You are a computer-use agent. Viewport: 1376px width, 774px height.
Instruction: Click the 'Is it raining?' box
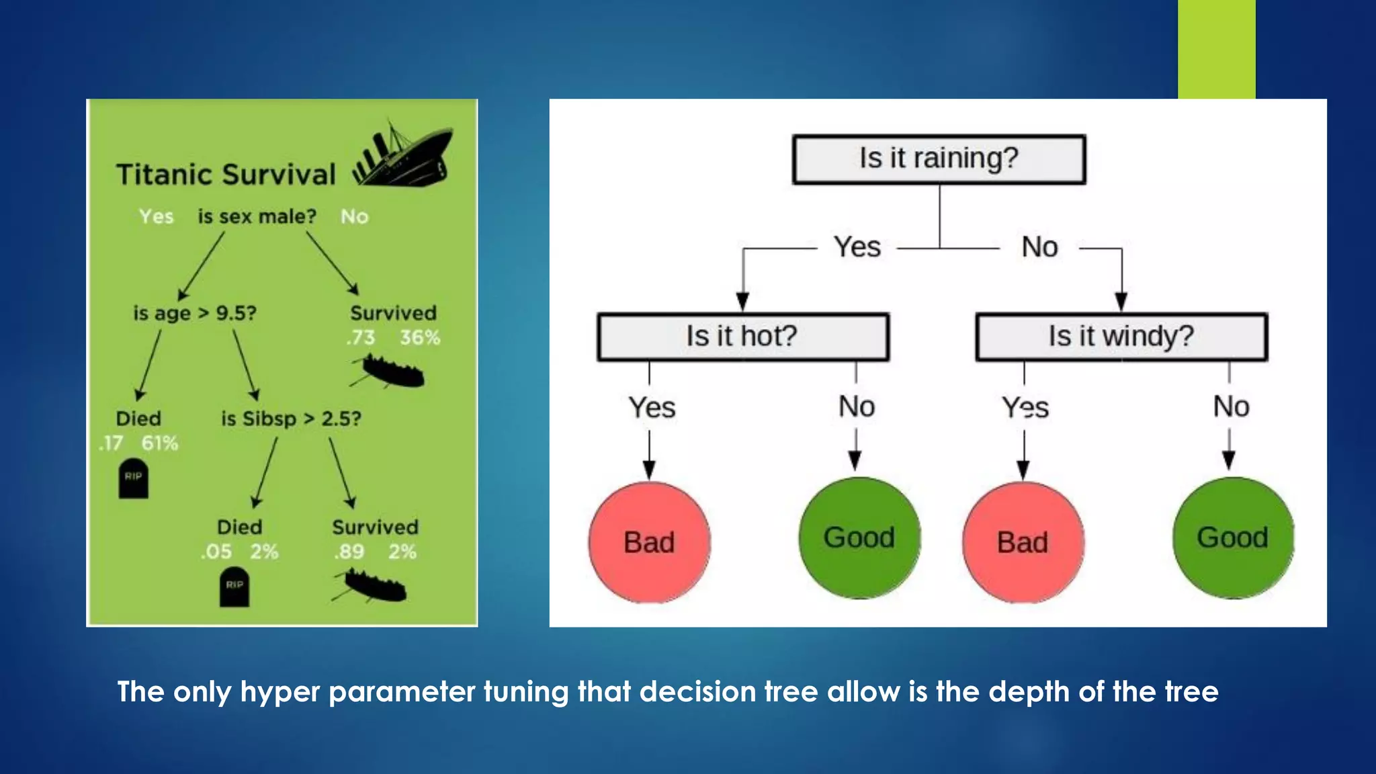(939, 160)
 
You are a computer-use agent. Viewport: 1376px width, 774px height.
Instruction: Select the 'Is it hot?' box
(742, 337)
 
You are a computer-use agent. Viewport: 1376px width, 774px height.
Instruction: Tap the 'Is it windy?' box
(1121, 337)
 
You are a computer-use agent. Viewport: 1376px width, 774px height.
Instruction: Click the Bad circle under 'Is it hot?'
(649, 542)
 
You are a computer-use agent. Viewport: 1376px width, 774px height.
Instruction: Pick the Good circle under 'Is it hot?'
(859, 537)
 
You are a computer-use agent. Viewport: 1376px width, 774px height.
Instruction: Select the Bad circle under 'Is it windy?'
(1023, 542)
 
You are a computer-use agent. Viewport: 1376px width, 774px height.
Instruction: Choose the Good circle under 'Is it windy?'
(1233, 537)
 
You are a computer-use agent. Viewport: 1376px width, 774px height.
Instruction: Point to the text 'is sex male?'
(257, 217)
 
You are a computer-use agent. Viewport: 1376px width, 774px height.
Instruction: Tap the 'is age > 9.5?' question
(195, 313)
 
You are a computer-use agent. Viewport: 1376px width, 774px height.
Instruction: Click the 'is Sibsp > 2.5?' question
(291, 419)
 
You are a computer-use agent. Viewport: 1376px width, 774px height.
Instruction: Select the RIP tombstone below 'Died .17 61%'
(133, 478)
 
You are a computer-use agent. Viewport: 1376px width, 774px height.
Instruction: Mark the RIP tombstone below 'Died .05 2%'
(234, 587)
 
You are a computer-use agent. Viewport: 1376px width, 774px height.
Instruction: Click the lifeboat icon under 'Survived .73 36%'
(390, 372)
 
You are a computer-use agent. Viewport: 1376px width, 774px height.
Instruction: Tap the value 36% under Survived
(420, 337)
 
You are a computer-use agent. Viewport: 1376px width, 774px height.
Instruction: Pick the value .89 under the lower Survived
(349, 552)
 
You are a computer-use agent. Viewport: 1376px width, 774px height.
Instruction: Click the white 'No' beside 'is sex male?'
(354, 217)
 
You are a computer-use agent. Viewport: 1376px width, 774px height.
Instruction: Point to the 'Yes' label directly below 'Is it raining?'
(857, 247)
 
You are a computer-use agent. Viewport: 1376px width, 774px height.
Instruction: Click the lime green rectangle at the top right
(1216, 49)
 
